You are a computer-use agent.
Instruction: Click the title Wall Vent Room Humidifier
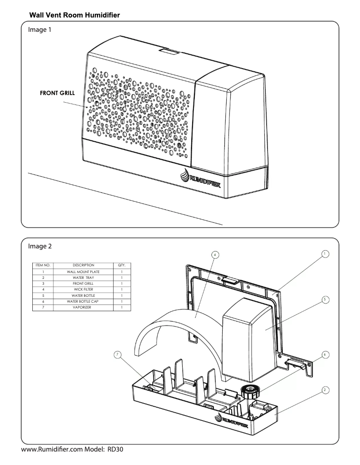coord(75,15)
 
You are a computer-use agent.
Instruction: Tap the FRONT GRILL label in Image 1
coord(57,94)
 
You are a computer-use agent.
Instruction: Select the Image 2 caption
coord(40,246)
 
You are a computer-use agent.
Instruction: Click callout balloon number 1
coord(325,254)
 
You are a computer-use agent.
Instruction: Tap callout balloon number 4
coord(215,255)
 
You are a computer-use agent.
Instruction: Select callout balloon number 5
coord(325,300)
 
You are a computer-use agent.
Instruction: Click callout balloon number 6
coord(325,355)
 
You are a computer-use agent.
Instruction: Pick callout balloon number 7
coord(118,355)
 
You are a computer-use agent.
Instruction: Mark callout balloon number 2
coord(325,390)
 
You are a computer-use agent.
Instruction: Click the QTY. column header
coord(121,265)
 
